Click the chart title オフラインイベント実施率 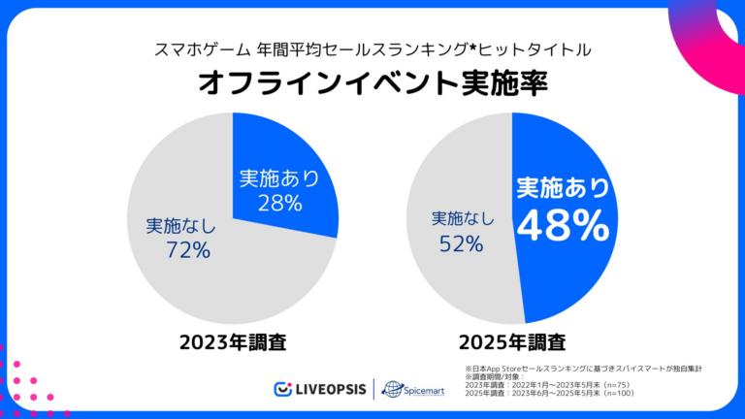[372, 82]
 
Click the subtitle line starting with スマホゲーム [372, 48]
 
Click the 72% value [187, 250]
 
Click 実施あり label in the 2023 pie [279, 178]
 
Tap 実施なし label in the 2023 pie [180, 226]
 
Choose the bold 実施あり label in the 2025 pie [563, 186]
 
